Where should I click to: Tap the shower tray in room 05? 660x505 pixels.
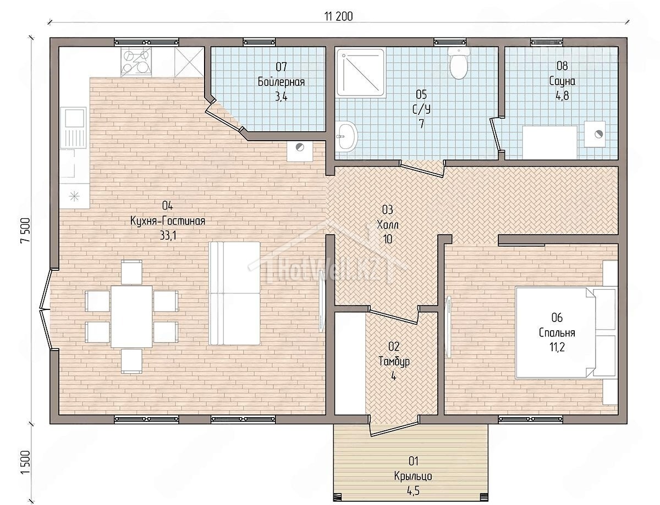point(361,74)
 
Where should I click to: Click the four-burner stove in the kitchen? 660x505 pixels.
point(136,63)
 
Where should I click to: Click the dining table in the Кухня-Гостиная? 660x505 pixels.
point(131,317)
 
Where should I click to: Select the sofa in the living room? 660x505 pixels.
point(234,293)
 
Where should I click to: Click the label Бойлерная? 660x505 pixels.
point(281,82)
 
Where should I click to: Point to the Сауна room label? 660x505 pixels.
point(562,81)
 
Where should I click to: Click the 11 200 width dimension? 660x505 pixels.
point(339,16)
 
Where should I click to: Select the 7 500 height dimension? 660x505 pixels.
point(26,230)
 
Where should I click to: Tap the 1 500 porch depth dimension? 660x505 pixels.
point(26,462)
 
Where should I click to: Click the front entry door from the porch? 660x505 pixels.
point(394,428)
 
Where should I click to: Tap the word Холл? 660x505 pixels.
point(388,225)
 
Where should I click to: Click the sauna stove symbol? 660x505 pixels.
point(595,134)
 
